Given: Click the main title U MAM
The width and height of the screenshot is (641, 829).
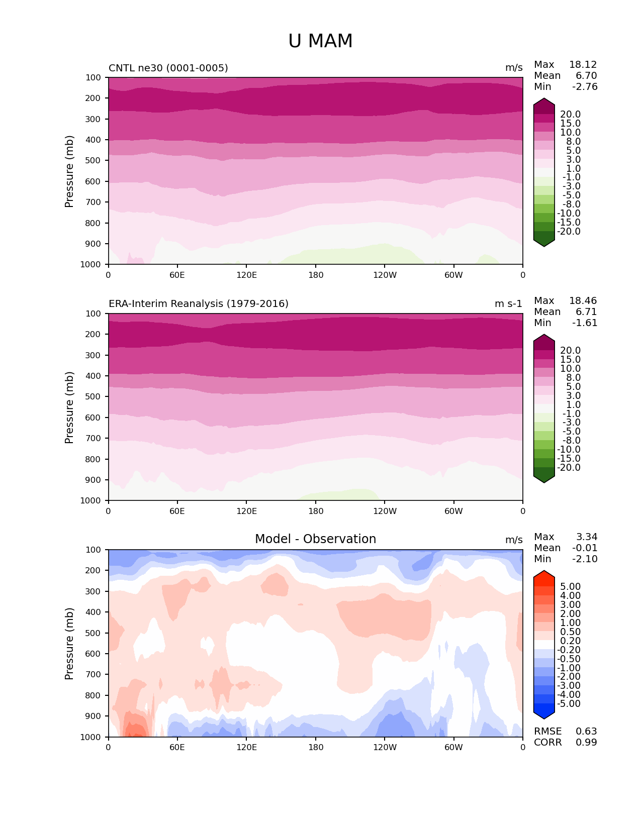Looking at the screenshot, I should point(320,41).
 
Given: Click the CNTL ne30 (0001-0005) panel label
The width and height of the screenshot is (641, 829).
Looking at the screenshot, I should point(168,68).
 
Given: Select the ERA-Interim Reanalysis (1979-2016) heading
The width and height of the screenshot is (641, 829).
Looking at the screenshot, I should point(199,304).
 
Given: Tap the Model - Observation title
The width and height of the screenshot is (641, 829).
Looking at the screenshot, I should point(315,539).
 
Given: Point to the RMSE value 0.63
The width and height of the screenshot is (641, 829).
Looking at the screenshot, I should point(586,732).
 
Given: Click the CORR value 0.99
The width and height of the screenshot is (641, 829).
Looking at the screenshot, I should point(586,743).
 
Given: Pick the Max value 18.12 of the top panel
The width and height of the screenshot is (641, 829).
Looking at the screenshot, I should point(583,65).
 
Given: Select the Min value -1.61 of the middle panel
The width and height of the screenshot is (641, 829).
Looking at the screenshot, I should point(585,323).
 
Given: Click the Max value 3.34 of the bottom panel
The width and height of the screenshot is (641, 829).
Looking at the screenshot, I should point(587,537).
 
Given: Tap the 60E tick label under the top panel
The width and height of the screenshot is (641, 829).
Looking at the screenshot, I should point(177,275).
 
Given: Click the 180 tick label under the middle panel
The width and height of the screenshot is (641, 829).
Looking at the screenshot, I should point(316,511).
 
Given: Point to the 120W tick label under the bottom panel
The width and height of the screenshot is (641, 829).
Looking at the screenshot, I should point(385,747).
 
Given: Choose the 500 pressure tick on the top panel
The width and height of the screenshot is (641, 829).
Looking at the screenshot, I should point(94,161).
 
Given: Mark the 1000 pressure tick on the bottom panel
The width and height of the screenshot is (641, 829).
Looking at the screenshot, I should point(91,737).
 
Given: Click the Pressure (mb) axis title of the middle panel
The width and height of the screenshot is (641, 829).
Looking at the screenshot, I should point(69,407).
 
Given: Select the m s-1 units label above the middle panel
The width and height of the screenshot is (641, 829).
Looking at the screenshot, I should point(508,304).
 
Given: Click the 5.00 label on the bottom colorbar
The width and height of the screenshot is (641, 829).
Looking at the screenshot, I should point(570,587).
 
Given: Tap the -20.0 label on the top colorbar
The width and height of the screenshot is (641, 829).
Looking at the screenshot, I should point(569,232).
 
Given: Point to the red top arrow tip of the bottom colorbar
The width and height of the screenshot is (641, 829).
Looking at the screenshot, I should point(544,572).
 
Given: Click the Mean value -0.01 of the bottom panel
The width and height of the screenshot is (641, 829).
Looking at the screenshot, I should point(585,548).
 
